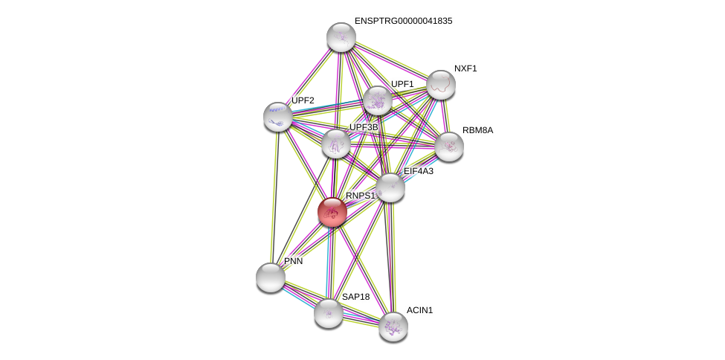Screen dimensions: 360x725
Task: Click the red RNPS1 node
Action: (332, 212)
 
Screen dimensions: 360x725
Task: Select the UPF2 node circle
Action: (278, 117)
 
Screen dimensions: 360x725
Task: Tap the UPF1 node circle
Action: (378, 100)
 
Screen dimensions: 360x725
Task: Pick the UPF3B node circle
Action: (336, 144)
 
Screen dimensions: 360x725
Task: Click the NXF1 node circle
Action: (440, 85)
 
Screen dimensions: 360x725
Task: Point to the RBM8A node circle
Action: (449, 147)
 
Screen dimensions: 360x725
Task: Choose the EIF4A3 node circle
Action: (390, 187)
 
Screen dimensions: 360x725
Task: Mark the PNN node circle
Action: (271, 277)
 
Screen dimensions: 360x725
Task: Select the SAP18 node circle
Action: (329, 313)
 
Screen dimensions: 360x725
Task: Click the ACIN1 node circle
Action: (393, 326)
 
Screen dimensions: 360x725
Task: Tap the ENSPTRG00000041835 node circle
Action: (341, 37)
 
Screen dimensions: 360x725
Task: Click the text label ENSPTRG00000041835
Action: (403, 21)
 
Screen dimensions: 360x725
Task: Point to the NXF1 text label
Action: (465, 68)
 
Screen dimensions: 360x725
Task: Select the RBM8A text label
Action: (477, 130)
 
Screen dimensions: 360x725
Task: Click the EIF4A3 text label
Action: (418, 171)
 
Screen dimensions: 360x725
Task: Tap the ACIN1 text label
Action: (419, 310)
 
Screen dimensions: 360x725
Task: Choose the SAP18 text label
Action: (355, 297)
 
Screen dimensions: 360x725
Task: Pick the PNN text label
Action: (293, 261)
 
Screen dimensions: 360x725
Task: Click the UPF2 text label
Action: (303, 100)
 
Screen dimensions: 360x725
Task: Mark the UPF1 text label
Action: (402, 84)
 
